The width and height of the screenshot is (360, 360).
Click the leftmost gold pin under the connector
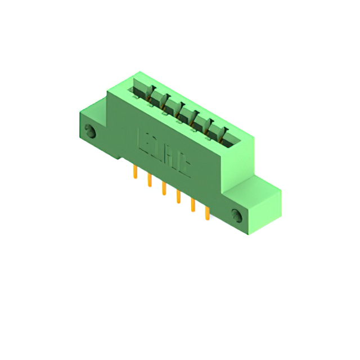pos(135,173)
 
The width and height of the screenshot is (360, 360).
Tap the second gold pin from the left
pos(150,181)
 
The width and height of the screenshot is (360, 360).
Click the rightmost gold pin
pos(207,213)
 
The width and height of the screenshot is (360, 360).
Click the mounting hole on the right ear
pos(236,214)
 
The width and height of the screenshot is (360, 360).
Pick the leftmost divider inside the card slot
pos(150,92)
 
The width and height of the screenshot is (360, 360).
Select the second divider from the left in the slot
pos(166,101)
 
